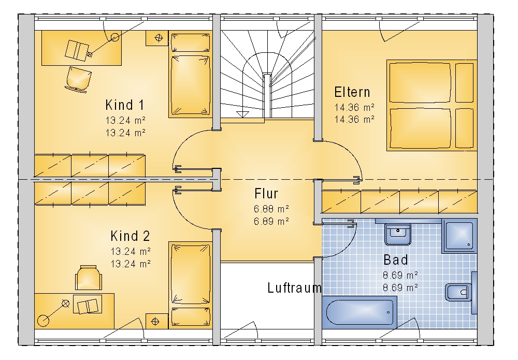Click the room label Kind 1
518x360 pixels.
tap(125, 105)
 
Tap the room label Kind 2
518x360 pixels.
tap(130, 236)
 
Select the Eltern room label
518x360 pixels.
tap(352, 92)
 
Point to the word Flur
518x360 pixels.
tap(266, 194)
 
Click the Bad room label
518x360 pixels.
tap(395, 260)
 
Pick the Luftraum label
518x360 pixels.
tap(294, 288)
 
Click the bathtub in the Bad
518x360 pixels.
tap(359, 312)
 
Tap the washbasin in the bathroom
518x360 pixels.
tap(398, 234)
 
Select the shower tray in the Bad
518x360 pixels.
tap(459, 236)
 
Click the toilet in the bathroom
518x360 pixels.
tap(458, 292)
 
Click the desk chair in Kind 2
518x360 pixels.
tap(88, 278)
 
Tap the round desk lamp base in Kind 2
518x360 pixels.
tap(43, 320)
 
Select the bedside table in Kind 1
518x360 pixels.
tap(157, 38)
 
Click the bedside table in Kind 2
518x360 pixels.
tap(157, 321)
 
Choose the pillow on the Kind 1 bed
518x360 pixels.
tap(190, 42)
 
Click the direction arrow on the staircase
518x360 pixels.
tap(242, 114)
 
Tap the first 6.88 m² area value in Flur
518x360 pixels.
tap(271, 209)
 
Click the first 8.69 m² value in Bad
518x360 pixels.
tap(400, 275)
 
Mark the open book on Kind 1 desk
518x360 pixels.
tap(77, 51)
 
